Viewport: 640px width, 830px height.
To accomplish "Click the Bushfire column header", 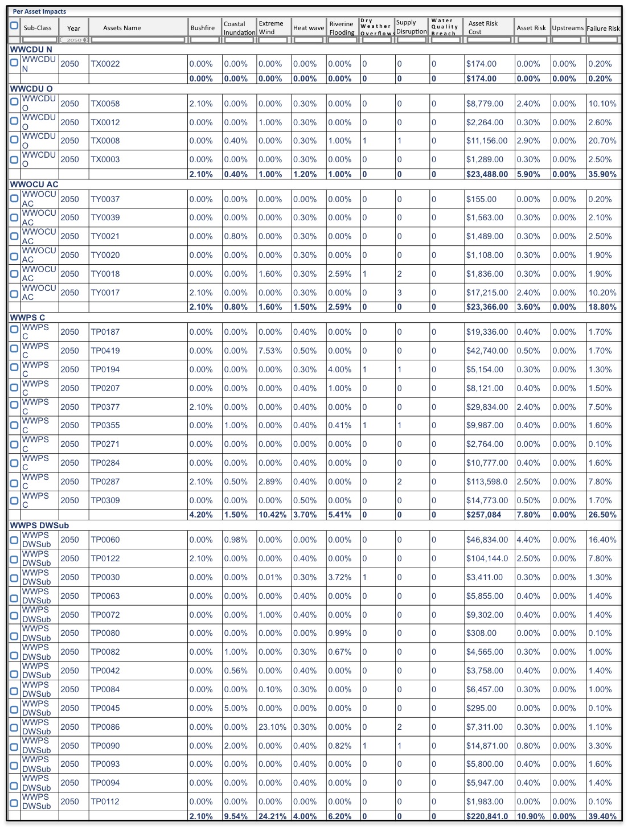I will pos(203,28).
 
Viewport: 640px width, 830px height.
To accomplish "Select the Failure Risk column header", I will pos(603,28).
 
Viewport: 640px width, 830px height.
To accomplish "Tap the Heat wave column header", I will pos(308,28).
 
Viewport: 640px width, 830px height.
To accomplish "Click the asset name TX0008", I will pos(105,141).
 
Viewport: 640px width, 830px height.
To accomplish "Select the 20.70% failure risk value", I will pos(602,141).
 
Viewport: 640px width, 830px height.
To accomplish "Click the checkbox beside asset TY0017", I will pos(14,293).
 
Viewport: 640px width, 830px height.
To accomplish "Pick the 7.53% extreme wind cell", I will pos(270,351).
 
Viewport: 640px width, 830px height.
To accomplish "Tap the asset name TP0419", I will pos(105,351).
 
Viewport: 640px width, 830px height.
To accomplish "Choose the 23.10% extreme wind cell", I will pos(272,727).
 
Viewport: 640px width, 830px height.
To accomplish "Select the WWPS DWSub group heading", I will pos(39,525).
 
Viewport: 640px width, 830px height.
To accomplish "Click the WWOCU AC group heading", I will pos(34,184).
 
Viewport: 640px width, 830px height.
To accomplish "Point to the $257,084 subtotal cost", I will pos(483,515).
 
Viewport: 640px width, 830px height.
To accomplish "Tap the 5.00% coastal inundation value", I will pos(235,708).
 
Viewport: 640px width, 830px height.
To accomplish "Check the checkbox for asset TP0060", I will pos(14,540).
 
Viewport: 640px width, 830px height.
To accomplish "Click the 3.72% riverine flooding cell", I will pos(339,577).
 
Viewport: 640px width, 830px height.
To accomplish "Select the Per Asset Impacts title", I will pos(39,11).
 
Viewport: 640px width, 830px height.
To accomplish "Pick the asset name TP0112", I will pos(105,802).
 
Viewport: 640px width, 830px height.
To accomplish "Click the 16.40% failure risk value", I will pos(602,540).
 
